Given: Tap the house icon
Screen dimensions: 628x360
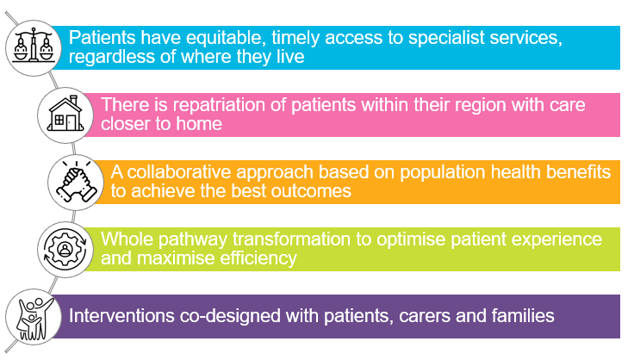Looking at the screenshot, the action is click(x=65, y=114).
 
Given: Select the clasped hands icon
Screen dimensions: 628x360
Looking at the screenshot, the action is click(x=76, y=181).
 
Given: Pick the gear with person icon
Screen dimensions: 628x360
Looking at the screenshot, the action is click(x=65, y=249).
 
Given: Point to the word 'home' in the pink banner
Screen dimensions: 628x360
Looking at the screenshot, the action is click(x=199, y=123).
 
